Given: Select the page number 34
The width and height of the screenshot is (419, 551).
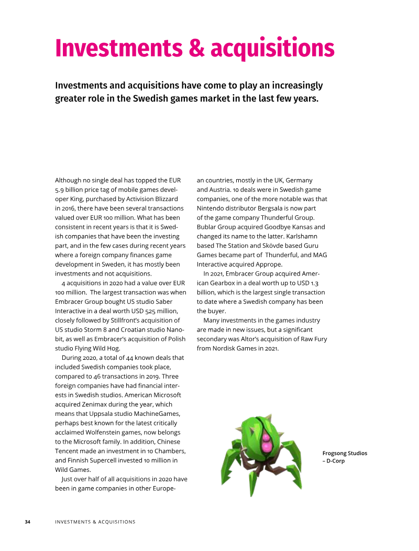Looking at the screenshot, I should click(28, 522).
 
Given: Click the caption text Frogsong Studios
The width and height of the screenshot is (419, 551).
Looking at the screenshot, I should click(345, 453).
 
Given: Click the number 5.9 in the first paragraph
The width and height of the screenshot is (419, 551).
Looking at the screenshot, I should click(60, 190).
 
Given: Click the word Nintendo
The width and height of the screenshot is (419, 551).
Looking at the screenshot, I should click(212, 208).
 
